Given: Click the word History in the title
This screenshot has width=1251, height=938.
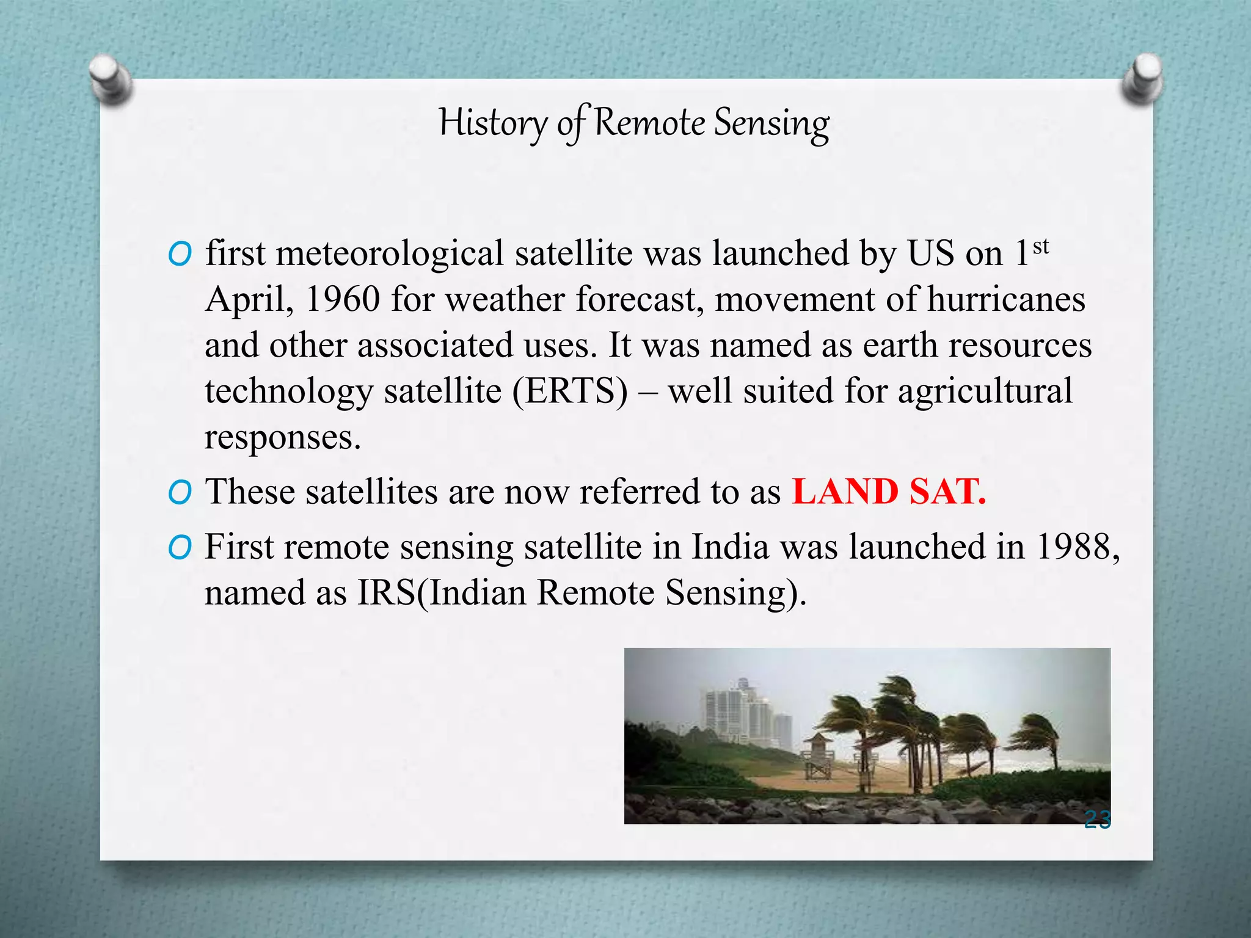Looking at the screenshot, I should pos(493,122).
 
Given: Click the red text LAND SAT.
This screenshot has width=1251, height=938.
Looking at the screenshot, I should pos(888,492).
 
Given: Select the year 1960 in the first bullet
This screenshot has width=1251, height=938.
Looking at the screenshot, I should pos(342,299).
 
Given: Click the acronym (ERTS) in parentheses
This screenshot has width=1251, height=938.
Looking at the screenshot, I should pos(570,391).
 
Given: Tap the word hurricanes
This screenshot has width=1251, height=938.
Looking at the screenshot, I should pos(1006,299).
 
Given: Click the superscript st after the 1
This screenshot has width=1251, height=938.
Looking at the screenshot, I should pos(1041,247).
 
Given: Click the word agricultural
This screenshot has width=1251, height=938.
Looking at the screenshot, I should pos(985,391).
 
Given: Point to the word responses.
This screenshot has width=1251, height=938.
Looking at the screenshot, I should pos(282,437).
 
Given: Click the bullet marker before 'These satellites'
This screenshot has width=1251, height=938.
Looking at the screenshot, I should pos(180,492).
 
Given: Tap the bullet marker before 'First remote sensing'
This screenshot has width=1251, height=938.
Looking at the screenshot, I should pos(180,548).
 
